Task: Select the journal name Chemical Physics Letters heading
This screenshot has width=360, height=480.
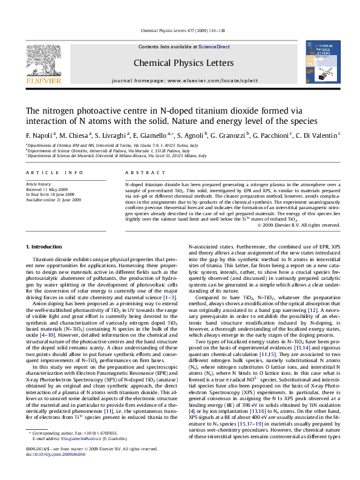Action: [x=179, y=63]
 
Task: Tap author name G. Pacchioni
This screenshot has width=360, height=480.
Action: [x=268, y=134]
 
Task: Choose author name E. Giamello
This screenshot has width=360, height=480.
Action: [x=150, y=134]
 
